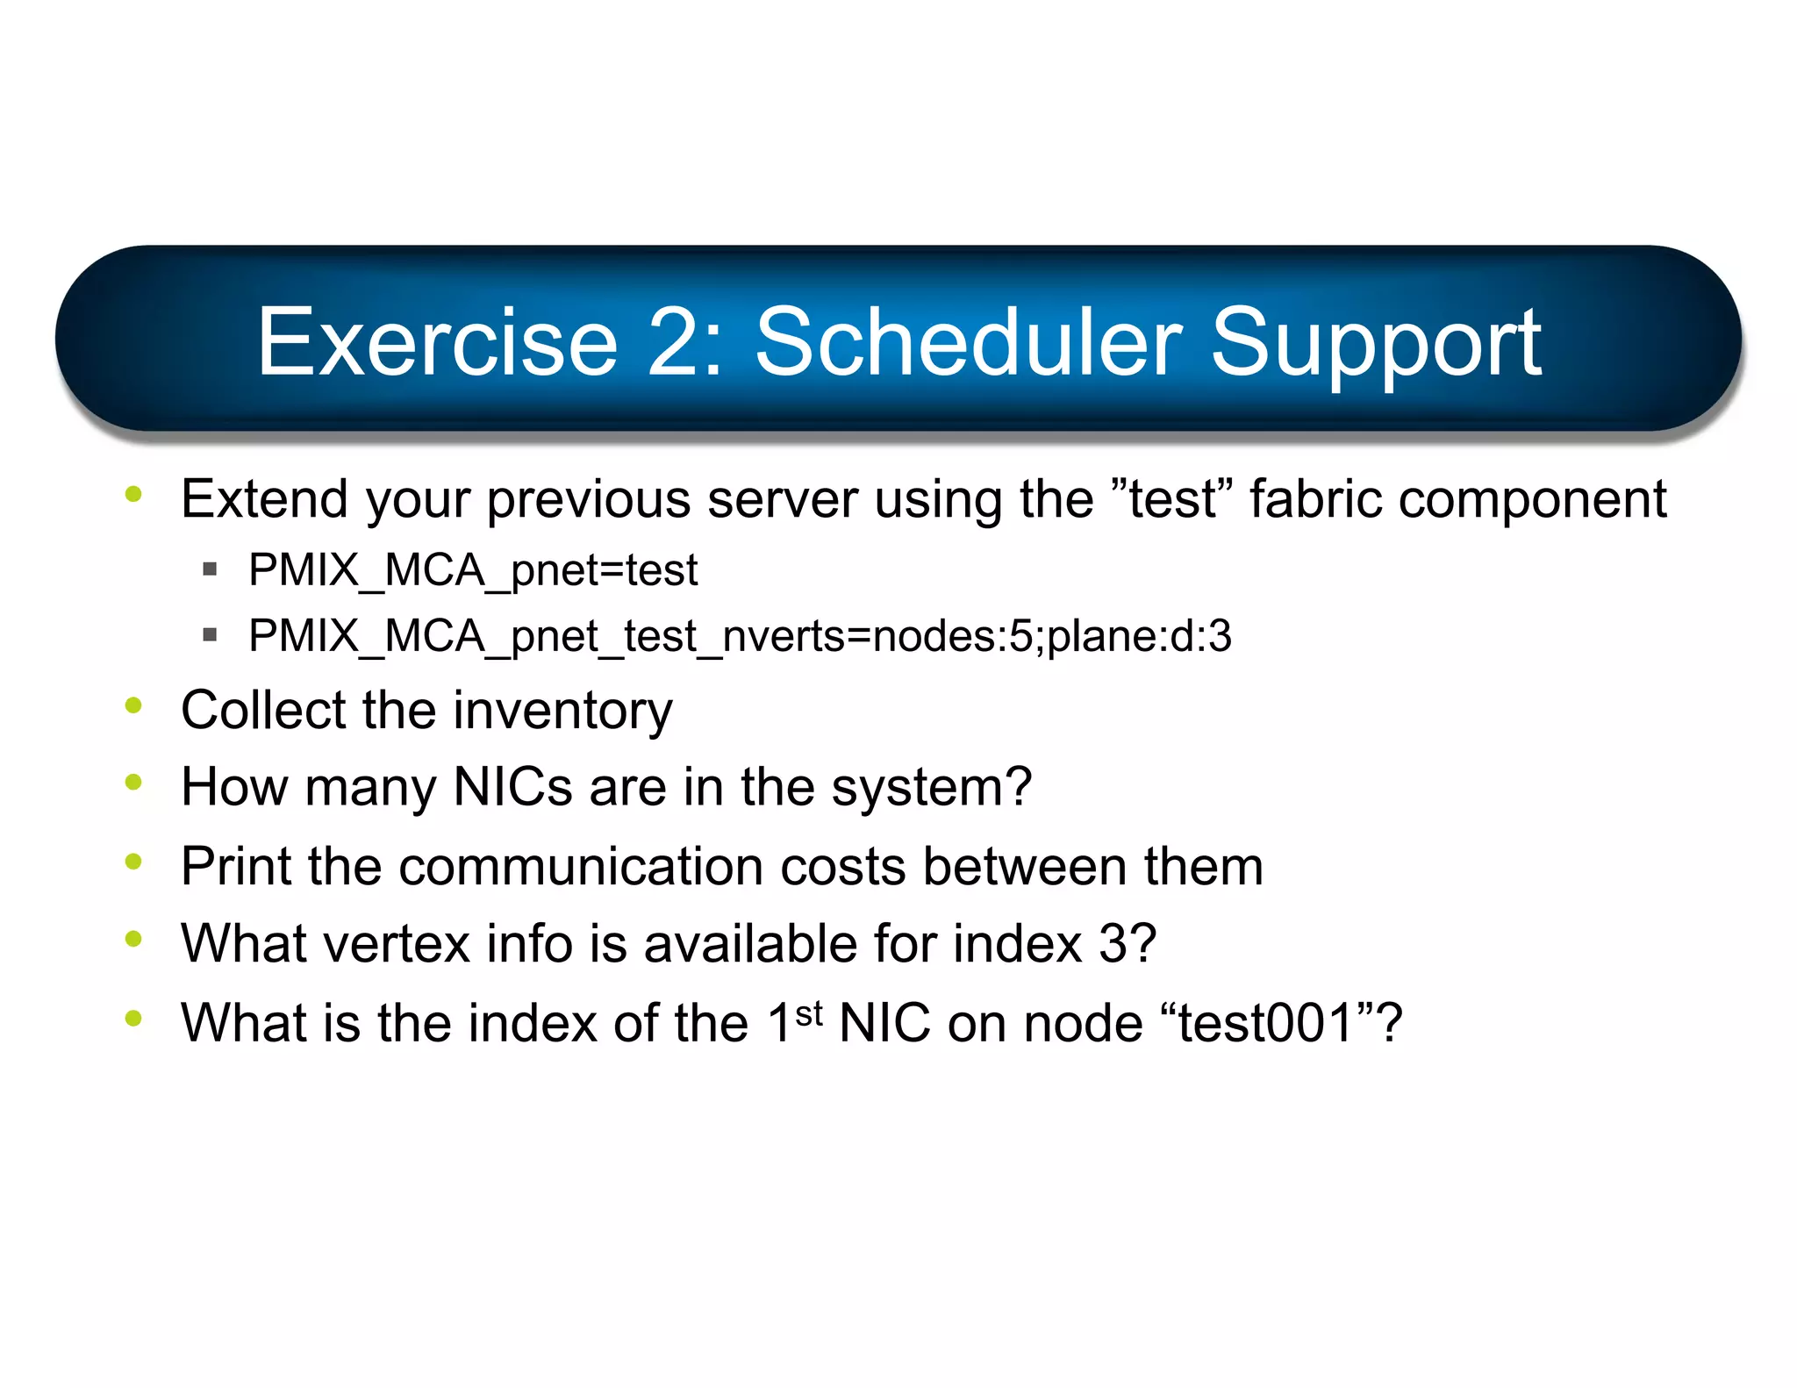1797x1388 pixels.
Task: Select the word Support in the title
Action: click(x=1375, y=344)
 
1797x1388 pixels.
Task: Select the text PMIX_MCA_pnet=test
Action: click(x=473, y=570)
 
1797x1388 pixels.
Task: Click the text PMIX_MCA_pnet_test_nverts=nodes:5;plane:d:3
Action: click(x=740, y=635)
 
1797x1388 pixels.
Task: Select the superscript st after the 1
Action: click(x=809, y=1013)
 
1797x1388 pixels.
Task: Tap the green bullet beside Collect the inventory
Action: click(x=133, y=705)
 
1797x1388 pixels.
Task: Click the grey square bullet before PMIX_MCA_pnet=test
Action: click(x=210, y=569)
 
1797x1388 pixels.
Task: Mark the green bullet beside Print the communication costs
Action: click(x=133, y=862)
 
